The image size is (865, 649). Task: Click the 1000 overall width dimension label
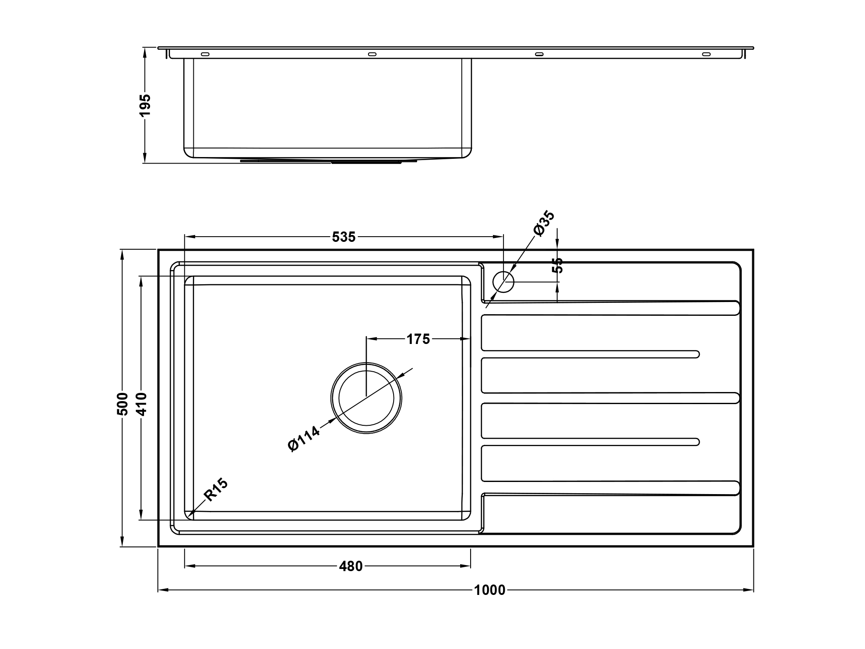pyautogui.click(x=490, y=590)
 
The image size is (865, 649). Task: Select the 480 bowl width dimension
pyautogui.click(x=351, y=566)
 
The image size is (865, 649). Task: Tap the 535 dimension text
pyautogui.click(x=344, y=237)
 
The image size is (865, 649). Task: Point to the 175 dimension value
pyautogui.click(x=418, y=339)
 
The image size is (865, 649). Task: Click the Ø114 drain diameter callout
pyautogui.click(x=304, y=439)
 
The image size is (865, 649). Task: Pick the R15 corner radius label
pyautogui.click(x=215, y=490)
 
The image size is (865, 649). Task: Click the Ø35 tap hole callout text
pyautogui.click(x=544, y=223)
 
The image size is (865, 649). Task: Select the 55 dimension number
pyautogui.click(x=558, y=265)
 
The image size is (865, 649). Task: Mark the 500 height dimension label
pyautogui.click(x=123, y=404)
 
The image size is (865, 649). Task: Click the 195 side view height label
pyautogui.click(x=145, y=105)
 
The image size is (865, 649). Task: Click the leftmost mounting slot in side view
pyautogui.click(x=205, y=55)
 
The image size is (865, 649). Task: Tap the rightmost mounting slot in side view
pyautogui.click(x=706, y=55)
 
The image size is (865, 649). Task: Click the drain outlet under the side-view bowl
pyautogui.click(x=329, y=161)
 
